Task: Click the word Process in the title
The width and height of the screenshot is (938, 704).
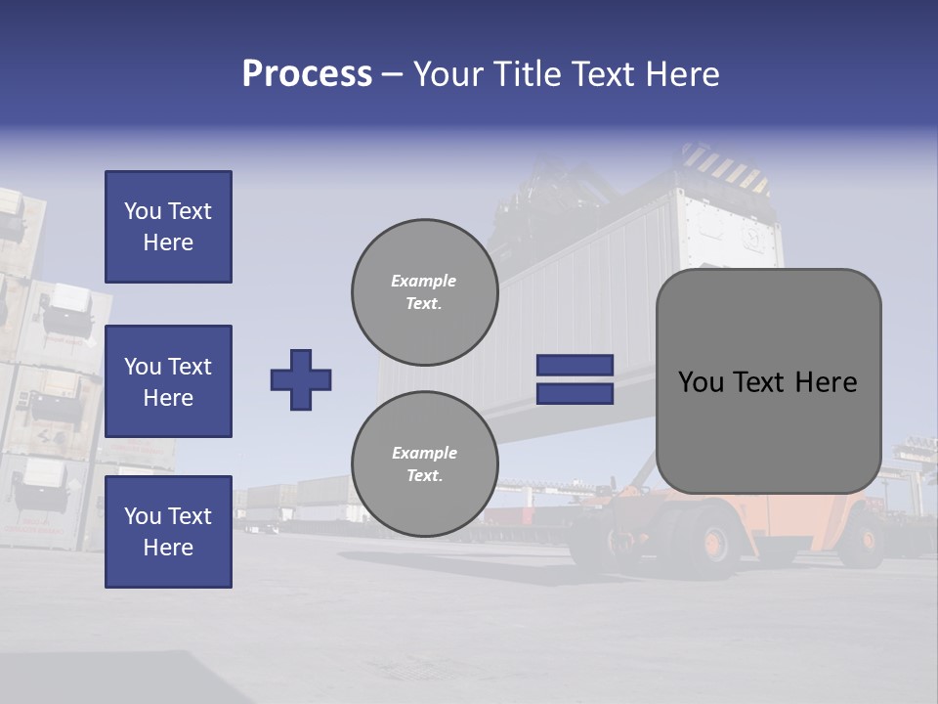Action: coord(307,74)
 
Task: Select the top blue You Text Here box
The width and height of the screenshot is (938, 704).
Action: coord(168,227)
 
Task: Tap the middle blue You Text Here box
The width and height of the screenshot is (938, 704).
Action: coord(168,381)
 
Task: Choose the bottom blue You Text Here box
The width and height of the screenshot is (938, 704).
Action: coord(168,532)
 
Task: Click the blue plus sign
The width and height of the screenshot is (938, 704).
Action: coord(301,379)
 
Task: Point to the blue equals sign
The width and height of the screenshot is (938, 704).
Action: coord(575,379)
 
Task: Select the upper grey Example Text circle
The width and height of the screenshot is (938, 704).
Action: coord(425,291)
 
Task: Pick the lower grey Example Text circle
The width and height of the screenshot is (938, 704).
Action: coord(425,463)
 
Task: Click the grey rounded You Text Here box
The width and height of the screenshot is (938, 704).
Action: coord(768,381)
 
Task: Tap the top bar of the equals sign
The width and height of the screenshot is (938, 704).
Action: coord(575,366)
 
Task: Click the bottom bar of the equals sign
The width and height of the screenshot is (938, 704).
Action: coord(575,393)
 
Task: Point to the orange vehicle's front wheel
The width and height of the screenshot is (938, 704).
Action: coord(715,541)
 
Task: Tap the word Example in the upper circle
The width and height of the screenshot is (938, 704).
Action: coord(424,281)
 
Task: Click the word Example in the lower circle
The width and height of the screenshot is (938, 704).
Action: coord(424,453)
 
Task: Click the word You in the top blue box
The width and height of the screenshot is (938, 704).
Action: coord(143,211)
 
